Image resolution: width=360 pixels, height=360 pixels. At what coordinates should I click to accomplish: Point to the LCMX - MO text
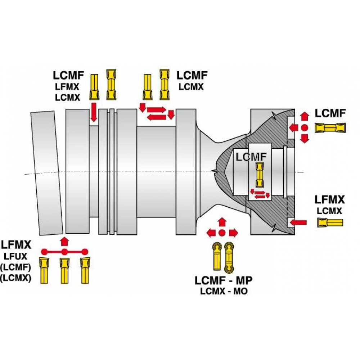coord(224,291)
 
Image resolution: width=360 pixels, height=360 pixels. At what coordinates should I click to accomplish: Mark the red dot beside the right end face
coord(305,127)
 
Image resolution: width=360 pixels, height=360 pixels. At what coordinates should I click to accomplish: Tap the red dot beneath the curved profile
coord(222,233)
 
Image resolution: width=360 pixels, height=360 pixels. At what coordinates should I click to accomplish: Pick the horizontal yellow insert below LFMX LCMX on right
coord(330,222)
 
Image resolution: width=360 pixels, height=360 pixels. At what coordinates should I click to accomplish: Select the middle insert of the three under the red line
coord(64,270)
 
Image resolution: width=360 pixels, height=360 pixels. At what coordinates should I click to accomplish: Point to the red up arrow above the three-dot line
coord(64,240)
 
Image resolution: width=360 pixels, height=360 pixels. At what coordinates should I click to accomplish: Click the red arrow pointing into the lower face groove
coord(298,222)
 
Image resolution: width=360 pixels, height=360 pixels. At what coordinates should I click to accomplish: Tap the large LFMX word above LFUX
coord(16,246)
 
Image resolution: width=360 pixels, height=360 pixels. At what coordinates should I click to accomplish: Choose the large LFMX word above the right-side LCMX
coord(330,200)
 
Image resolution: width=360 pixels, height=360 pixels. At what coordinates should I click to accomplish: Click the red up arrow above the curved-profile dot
coord(222,221)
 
